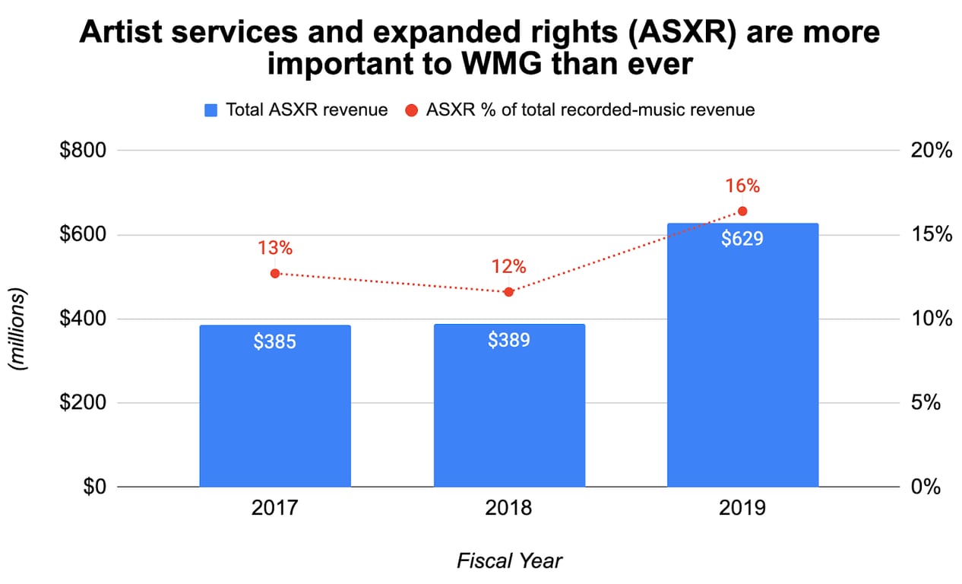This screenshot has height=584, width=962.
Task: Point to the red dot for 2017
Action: (x=275, y=273)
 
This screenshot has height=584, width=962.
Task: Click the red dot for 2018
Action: (x=509, y=291)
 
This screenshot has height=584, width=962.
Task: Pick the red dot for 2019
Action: (x=742, y=211)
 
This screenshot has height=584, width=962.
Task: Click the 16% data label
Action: (x=742, y=186)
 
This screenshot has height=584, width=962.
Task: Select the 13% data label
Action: (x=275, y=248)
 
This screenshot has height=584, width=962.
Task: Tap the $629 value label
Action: (x=742, y=239)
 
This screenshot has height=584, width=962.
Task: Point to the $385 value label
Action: (x=275, y=341)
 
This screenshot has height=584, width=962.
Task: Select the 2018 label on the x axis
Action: (x=509, y=507)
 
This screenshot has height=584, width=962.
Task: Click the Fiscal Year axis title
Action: (x=509, y=561)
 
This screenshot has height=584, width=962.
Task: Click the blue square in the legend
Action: (x=212, y=110)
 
